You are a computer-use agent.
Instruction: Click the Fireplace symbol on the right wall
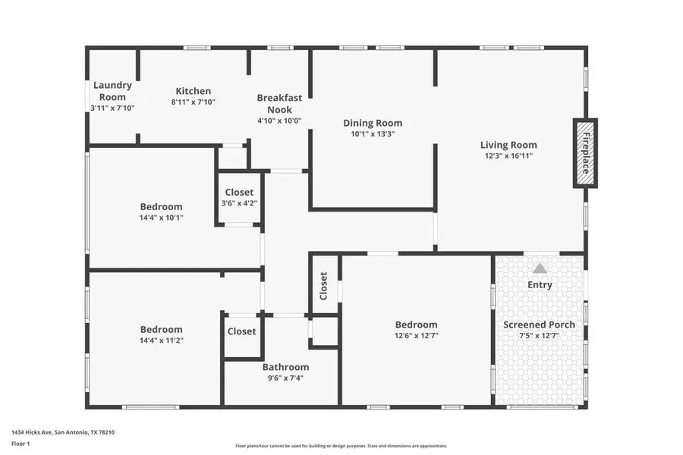point(585,153)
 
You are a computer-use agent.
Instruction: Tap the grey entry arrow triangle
point(540,268)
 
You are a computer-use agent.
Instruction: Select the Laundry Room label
point(112,91)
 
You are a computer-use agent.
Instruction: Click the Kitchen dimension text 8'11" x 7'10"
point(193,102)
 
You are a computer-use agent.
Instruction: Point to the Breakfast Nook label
point(279,103)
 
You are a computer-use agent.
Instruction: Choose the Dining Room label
point(372,123)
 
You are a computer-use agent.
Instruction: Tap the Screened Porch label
point(539,325)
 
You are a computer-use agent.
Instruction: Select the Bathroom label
point(285,367)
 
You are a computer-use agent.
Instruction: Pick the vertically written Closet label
point(323,286)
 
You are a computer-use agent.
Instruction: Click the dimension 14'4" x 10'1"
point(161,218)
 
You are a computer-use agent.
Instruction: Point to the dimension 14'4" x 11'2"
point(161,340)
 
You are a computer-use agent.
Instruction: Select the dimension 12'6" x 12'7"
point(416,335)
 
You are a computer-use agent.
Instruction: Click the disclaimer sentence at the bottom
point(341,446)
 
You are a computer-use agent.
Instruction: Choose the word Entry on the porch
point(540,285)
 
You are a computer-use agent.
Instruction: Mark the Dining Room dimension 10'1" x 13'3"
point(372,134)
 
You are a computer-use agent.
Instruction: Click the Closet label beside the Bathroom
point(241,331)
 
